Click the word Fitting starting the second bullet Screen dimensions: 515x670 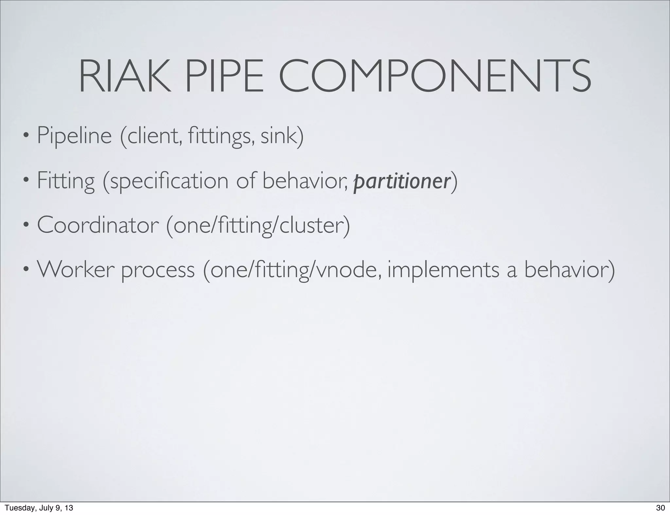click(66, 181)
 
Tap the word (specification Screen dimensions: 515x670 click(166, 181)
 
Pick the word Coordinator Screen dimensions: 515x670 click(98, 225)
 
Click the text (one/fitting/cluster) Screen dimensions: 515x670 click(258, 225)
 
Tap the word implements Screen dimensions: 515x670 click(443, 270)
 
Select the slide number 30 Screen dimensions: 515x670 click(661, 508)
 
